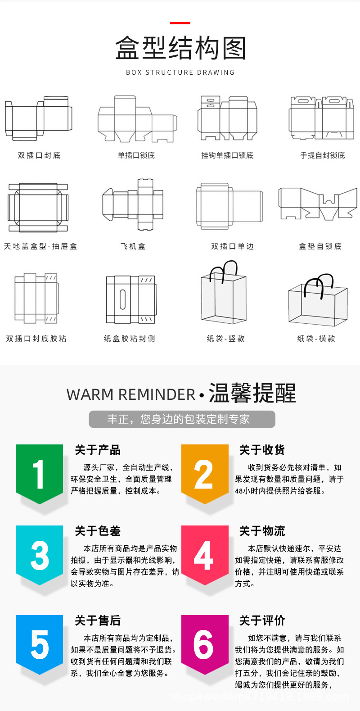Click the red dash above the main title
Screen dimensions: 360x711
tap(180, 23)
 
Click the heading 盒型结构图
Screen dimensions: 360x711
tap(180, 48)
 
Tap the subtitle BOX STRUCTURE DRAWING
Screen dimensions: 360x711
tap(180, 72)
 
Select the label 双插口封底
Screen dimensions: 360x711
tap(39, 155)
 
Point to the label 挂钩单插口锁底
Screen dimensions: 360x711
tap(227, 155)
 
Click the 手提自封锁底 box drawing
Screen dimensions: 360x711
tap(321, 118)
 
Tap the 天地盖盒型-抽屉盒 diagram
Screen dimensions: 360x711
tap(38, 207)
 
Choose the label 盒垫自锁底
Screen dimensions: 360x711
tap(320, 246)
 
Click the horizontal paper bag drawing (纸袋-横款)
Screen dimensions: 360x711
tap(318, 299)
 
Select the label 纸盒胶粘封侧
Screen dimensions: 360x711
tap(130, 338)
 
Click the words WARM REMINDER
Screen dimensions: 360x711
tap(130, 394)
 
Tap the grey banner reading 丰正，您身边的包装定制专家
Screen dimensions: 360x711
tap(182, 419)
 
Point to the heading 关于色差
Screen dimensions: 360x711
tap(98, 531)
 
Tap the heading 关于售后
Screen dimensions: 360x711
tap(98, 620)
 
